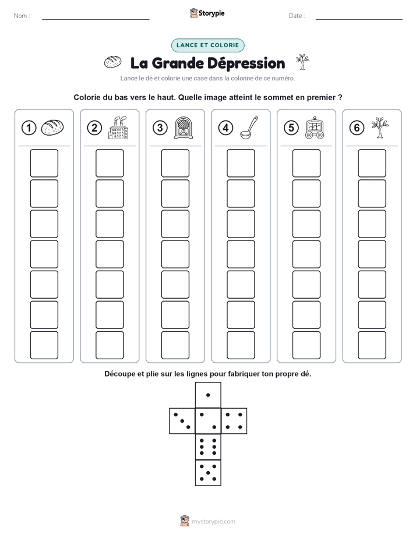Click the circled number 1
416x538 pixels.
pyautogui.click(x=29, y=128)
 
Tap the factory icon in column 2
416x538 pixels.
pyautogui.click(x=118, y=128)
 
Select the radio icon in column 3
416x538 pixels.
pyautogui.click(x=184, y=128)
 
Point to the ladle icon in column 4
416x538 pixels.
pyautogui.click(x=249, y=128)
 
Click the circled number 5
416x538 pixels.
pyautogui.click(x=291, y=128)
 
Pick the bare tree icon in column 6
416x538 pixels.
pyautogui.click(x=380, y=128)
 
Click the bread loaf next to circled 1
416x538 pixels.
pyautogui.click(x=52, y=128)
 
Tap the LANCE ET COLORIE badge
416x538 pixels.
pyautogui.click(x=207, y=45)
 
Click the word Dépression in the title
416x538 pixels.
pyautogui.click(x=246, y=64)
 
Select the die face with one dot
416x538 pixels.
pyautogui.click(x=208, y=395)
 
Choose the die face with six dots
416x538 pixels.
pyautogui.click(x=208, y=447)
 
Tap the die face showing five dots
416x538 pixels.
pyautogui.click(x=208, y=473)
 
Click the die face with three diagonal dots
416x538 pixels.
pyautogui.click(x=182, y=421)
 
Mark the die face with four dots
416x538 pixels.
pyautogui.click(x=234, y=421)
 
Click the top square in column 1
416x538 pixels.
pyautogui.click(x=44, y=163)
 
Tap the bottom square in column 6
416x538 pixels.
pyautogui.click(x=372, y=345)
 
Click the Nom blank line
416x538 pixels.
pyautogui.click(x=96, y=19)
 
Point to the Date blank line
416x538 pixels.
pyautogui.click(x=359, y=19)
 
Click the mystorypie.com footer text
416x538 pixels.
pyautogui.click(x=213, y=522)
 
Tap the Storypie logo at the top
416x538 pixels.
pyautogui.click(x=207, y=13)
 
